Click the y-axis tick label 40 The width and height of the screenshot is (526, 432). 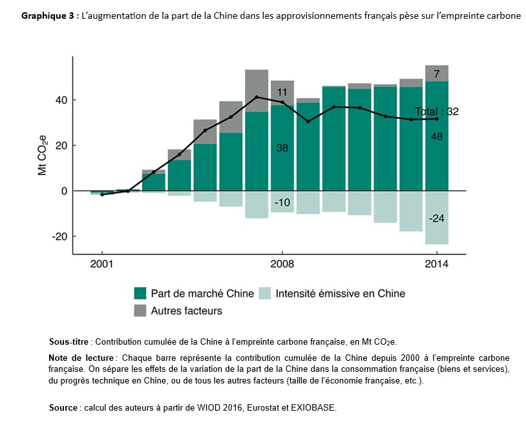[x=60, y=100]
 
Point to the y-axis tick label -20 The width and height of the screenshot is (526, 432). [x=59, y=237]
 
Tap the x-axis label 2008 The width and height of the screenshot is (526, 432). [x=282, y=265]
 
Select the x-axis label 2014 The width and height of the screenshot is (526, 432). [x=437, y=265]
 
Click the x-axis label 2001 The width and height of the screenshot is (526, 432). [x=102, y=265]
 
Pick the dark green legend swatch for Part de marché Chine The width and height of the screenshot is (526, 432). [x=140, y=294]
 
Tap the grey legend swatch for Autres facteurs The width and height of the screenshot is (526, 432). [x=140, y=311]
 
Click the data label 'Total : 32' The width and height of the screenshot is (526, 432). [x=437, y=111]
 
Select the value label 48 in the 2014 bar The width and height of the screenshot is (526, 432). [x=437, y=136]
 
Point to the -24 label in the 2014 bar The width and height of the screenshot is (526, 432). [x=437, y=219]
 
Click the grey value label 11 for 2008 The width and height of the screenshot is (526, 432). [x=282, y=92]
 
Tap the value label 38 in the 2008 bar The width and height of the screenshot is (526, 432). [x=282, y=148]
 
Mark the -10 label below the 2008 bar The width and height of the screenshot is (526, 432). [x=282, y=202]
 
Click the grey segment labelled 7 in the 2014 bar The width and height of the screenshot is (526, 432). [x=437, y=74]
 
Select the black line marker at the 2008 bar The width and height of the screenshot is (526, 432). [x=282, y=102]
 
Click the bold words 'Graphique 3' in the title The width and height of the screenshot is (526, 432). [x=47, y=16]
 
